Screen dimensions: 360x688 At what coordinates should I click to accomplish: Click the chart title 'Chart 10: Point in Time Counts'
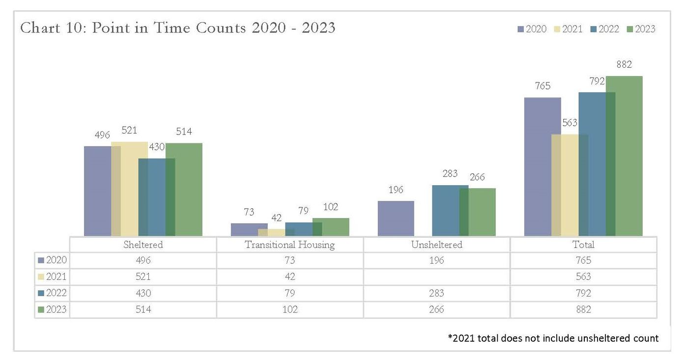pyautogui.click(x=177, y=28)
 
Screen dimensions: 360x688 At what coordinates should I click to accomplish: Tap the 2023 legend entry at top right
pyautogui.click(x=641, y=29)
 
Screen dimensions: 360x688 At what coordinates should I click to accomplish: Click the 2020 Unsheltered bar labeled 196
pyautogui.click(x=396, y=219)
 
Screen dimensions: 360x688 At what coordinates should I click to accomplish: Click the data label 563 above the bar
pyautogui.click(x=570, y=123)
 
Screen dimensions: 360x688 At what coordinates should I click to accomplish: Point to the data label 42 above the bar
pyautogui.click(x=276, y=218)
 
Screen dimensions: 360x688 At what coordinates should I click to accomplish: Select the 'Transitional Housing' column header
pyautogui.click(x=289, y=245)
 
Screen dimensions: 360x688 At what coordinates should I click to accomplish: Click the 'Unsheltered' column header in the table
pyautogui.click(x=436, y=245)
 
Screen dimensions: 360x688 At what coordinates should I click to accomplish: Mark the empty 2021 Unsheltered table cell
pyautogui.click(x=436, y=277)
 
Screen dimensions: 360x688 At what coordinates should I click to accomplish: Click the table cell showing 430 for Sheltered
pyautogui.click(x=143, y=293)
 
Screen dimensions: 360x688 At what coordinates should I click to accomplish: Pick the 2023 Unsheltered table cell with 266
pyautogui.click(x=436, y=310)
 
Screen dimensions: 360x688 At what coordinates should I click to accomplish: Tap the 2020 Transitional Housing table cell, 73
pyautogui.click(x=289, y=261)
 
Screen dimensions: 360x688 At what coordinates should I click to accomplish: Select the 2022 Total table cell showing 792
pyautogui.click(x=583, y=293)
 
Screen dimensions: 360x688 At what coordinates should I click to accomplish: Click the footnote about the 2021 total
pyautogui.click(x=553, y=338)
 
